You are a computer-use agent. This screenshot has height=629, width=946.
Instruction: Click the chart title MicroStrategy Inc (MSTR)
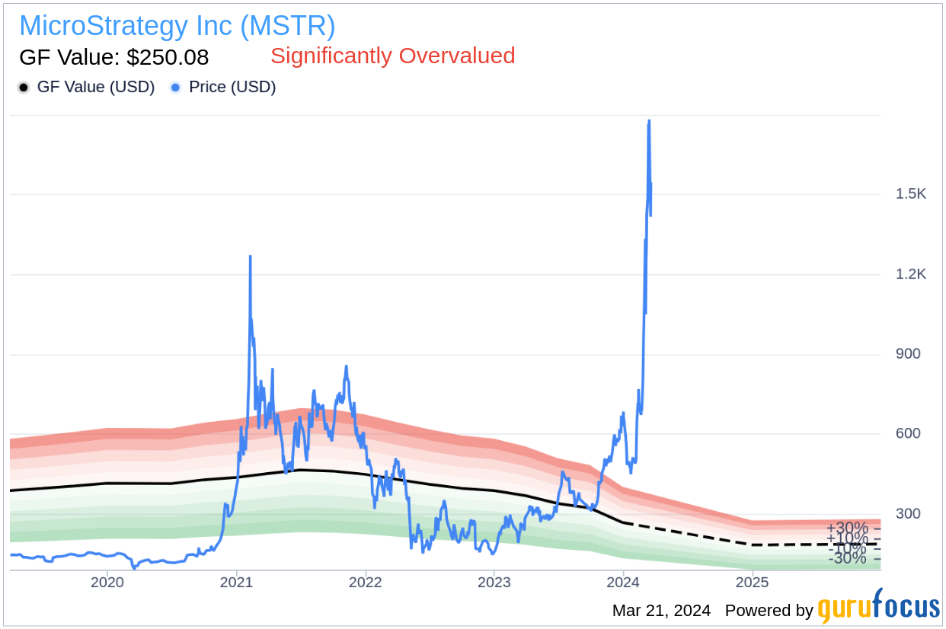coord(177,26)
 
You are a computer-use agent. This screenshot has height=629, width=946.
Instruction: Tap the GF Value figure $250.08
coord(114,57)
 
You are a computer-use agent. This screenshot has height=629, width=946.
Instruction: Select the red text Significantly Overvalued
coord(392,56)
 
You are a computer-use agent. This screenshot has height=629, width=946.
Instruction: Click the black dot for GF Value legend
coord(24,88)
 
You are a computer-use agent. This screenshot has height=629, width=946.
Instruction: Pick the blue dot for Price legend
coord(175,88)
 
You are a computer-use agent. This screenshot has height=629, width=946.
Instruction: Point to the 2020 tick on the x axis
coord(107,583)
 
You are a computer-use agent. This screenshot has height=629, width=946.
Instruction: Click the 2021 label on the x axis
coord(236,583)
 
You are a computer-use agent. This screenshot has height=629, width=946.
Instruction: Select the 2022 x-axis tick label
coord(365,583)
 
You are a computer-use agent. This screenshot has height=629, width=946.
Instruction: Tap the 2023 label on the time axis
coord(494,583)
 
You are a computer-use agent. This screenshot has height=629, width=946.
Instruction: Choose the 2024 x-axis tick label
coord(623,583)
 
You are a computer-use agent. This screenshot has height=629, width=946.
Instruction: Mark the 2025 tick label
coord(752,583)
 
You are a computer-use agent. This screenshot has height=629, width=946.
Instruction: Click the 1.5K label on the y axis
coord(911,194)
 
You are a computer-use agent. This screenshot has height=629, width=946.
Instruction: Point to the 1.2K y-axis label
coord(911,274)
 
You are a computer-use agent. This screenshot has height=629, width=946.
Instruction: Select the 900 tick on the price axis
coord(908,354)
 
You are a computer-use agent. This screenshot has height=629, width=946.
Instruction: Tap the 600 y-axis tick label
coord(908,434)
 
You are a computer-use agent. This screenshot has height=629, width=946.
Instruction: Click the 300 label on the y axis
coord(908,514)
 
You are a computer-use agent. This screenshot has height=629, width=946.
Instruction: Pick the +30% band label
coord(847,528)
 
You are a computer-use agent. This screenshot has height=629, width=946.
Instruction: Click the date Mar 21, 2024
coord(661,611)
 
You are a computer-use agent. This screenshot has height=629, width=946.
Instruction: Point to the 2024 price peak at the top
coord(649,120)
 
